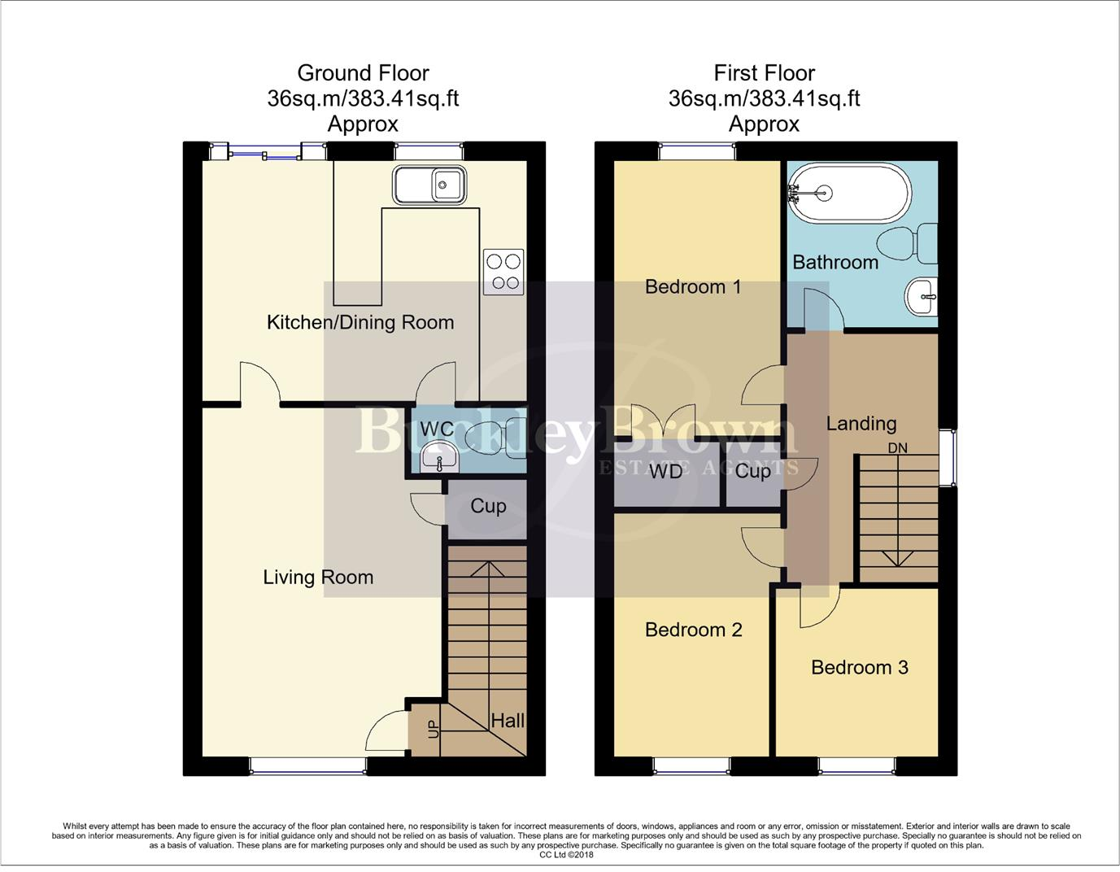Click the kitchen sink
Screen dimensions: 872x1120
[x=429, y=185]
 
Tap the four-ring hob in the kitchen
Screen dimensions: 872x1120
[x=503, y=272]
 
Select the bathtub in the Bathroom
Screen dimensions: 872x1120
[x=849, y=194]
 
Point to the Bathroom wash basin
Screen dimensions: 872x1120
[x=922, y=296]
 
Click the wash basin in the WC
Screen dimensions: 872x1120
[x=440, y=459]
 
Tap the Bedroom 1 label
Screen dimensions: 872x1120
[x=692, y=286]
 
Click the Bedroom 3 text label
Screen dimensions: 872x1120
[x=859, y=668]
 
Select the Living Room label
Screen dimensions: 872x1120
[x=318, y=578]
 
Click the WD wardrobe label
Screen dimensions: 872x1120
[x=665, y=471]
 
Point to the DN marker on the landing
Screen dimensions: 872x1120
[x=897, y=448]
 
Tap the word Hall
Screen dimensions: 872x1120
[x=507, y=721]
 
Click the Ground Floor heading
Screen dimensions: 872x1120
[x=363, y=73]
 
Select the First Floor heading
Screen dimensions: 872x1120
[x=764, y=73]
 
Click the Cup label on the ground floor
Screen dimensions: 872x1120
[x=488, y=506]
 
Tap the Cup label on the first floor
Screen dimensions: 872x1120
[x=752, y=471]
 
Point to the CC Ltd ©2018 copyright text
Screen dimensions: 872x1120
[x=566, y=855]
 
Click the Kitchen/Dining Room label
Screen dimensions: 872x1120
[x=360, y=322]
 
